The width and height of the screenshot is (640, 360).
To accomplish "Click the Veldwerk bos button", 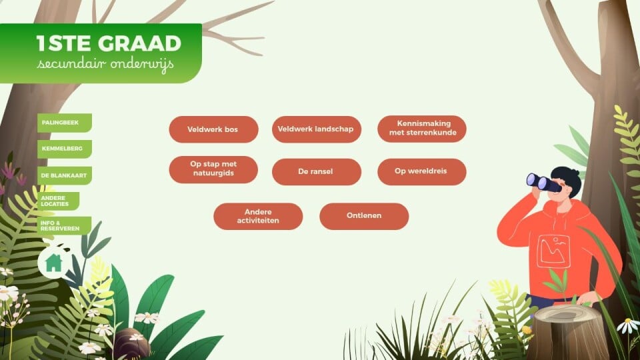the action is (213, 129).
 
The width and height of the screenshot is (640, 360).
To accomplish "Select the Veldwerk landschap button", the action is (316, 129).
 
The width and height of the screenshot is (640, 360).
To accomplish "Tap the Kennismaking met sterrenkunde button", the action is (422, 129).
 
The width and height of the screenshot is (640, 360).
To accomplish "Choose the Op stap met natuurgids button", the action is (213, 169).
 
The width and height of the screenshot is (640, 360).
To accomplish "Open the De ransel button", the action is (316, 172).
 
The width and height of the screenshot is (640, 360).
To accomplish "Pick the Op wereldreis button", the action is (422, 172).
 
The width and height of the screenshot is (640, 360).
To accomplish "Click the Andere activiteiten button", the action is (258, 216).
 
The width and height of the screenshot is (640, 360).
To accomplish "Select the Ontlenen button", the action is (364, 216).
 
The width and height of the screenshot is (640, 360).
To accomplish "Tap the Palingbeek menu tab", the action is (65, 123).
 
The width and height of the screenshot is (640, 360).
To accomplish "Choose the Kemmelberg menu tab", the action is (65, 149).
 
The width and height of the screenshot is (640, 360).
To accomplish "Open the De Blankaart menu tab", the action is (65, 175).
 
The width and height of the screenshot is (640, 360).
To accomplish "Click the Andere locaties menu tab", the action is (59, 201).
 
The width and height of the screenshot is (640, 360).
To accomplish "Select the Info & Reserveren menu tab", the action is (64, 226).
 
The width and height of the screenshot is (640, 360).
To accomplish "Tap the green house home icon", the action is (53, 263).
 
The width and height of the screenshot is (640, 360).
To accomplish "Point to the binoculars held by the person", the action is (543, 183).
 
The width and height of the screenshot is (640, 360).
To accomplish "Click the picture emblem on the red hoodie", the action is (553, 251).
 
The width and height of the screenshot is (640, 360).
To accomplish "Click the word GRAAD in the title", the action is (139, 43).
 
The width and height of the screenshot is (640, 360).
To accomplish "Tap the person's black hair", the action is (568, 179).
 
